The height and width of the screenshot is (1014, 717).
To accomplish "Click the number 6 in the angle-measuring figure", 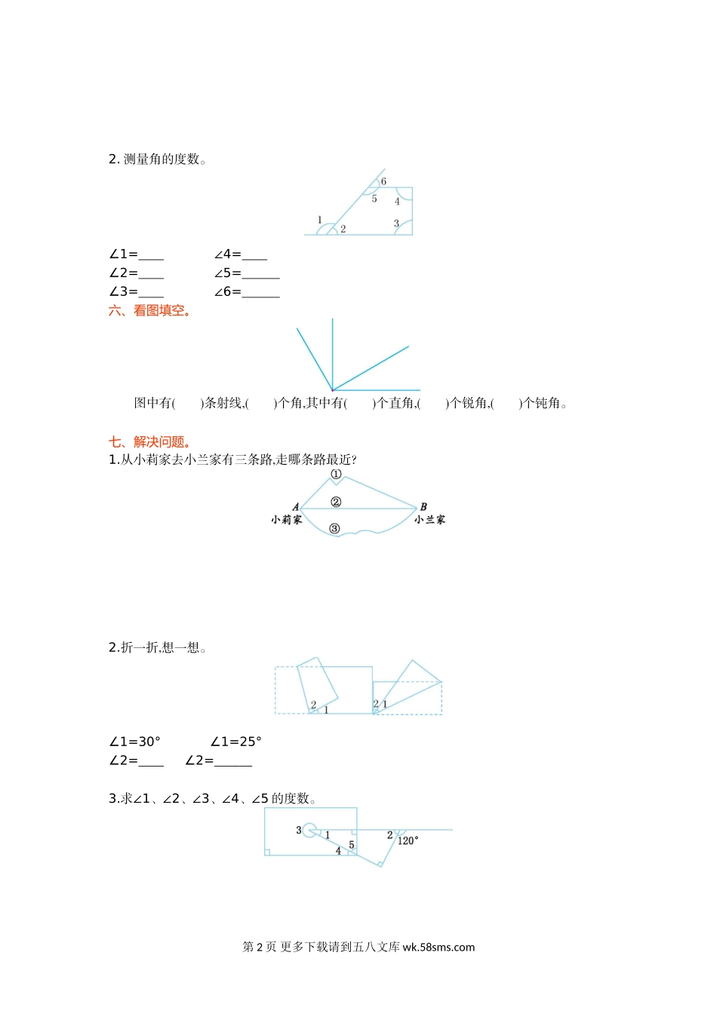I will pos(383,182).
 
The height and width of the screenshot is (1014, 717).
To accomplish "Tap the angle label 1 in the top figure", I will pos(319,220).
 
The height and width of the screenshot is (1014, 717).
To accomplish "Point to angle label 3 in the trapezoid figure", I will pos(396,224).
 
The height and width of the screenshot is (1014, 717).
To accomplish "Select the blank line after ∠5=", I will pos(260,274).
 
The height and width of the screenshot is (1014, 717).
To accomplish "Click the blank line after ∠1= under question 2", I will pos(151,255).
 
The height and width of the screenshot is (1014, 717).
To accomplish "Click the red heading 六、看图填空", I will pos(149,311).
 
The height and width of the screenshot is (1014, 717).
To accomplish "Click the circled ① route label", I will pos(336,475).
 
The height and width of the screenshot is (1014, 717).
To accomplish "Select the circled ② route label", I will pos(336,502).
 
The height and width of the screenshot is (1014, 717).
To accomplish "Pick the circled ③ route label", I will pos(334,529).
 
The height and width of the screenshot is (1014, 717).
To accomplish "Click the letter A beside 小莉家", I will pos(295,507).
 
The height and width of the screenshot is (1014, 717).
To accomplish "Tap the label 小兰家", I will pos(429,520).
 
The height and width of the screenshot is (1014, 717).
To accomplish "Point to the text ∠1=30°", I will pos(134,742).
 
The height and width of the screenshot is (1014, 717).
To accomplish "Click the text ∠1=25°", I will pos(235,742).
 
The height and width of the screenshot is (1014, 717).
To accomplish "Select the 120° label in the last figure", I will pos(408,840).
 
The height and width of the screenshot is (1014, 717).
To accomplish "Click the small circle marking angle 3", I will pos(309,831).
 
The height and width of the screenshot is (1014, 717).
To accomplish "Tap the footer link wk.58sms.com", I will pos(439,948).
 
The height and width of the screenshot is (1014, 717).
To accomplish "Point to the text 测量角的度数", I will pos(162,159).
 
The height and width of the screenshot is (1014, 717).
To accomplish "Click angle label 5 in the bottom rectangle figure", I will pos(351,845).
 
